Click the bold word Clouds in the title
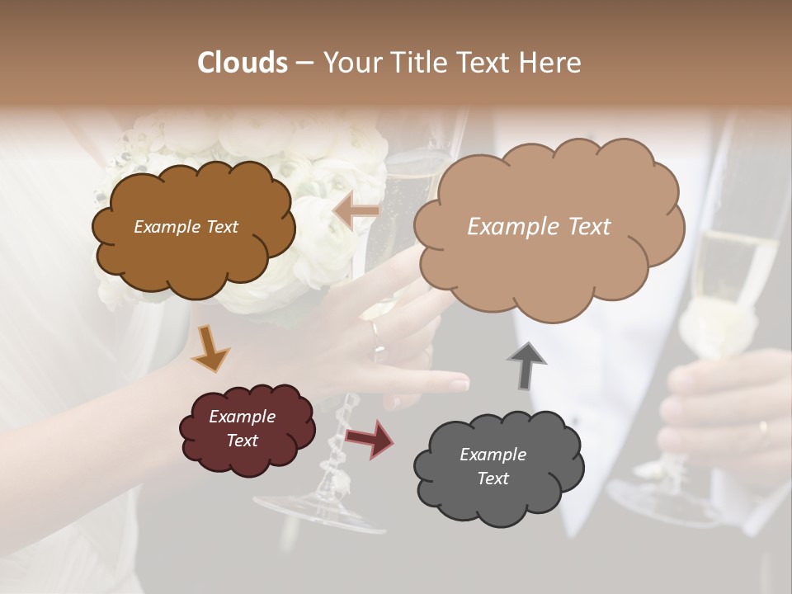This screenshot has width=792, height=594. (243, 63)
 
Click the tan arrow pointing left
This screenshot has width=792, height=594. (356, 212)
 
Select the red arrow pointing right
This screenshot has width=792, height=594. (370, 438)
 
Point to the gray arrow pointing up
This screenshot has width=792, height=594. (526, 365)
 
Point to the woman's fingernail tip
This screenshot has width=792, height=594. (459, 384)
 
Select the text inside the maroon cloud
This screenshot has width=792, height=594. (242, 428)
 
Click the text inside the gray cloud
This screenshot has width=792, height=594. (493, 466)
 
